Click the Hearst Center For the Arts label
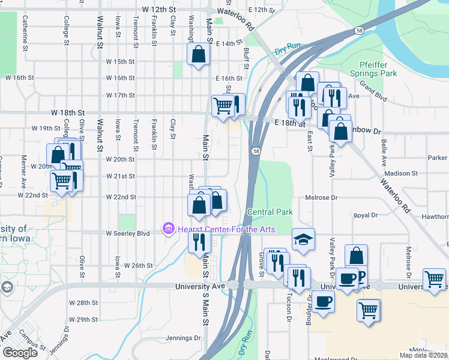[x=226, y=229]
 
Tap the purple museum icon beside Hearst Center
[x=168, y=229]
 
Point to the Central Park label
[x=270, y=212]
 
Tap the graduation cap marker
[x=304, y=239]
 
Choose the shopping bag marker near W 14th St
[x=198, y=55]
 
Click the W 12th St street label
[x=159, y=11]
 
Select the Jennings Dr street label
[x=178, y=338]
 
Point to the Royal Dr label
[x=364, y=215]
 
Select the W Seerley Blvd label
[x=128, y=233]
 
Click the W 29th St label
[x=83, y=319]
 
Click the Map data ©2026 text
[x=424, y=355]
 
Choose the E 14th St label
[x=228, y=44]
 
